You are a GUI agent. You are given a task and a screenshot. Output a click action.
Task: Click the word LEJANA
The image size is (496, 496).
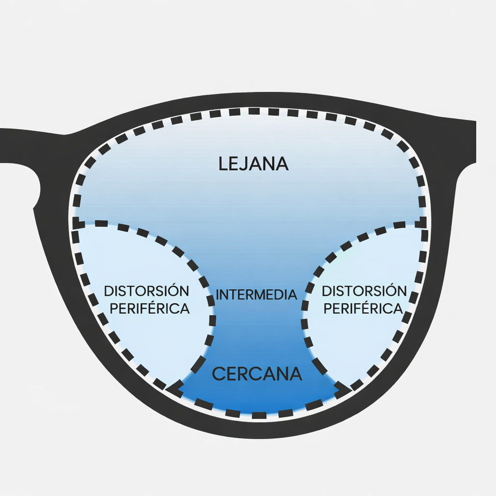point(253,164)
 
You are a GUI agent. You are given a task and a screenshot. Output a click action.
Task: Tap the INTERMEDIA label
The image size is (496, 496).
point(256,294)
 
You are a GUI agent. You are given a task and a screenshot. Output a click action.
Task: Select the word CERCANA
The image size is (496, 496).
point(257,374)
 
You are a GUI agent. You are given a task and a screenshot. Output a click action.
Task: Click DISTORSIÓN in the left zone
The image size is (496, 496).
point(147,291)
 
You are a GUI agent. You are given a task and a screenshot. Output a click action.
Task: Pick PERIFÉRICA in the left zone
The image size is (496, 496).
point(150,309)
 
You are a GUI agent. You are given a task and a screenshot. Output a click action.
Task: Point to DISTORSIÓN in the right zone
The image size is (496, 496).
point(364,291)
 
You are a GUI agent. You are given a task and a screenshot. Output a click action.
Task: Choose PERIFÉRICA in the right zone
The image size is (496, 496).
point(363,309)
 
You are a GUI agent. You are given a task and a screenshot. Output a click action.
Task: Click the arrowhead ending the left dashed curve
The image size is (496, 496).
point(172,387)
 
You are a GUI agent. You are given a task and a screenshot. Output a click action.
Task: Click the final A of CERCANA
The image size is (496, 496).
point(295,374)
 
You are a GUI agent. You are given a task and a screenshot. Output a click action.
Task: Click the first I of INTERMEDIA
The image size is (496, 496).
point(217,294)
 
